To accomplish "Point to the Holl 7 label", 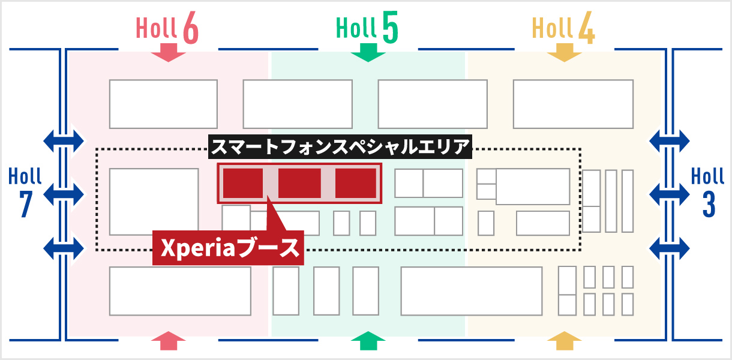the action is [25, 192].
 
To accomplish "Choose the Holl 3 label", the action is [708, 192].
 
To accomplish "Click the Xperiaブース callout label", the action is [228, 247].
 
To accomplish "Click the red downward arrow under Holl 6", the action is [167, 53].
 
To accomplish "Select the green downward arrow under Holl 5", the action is [367, 53].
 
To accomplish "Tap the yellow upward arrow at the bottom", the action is [564, 341].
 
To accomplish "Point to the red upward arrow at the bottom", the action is [170, 341].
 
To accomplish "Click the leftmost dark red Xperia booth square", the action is [243, 183].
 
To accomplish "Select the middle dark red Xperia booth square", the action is [299, 183].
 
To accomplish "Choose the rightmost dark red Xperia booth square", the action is [355, 183].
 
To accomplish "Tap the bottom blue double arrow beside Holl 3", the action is [669, 247].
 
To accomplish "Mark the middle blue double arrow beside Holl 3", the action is [669, 194].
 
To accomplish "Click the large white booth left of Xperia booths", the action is [154, 202].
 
